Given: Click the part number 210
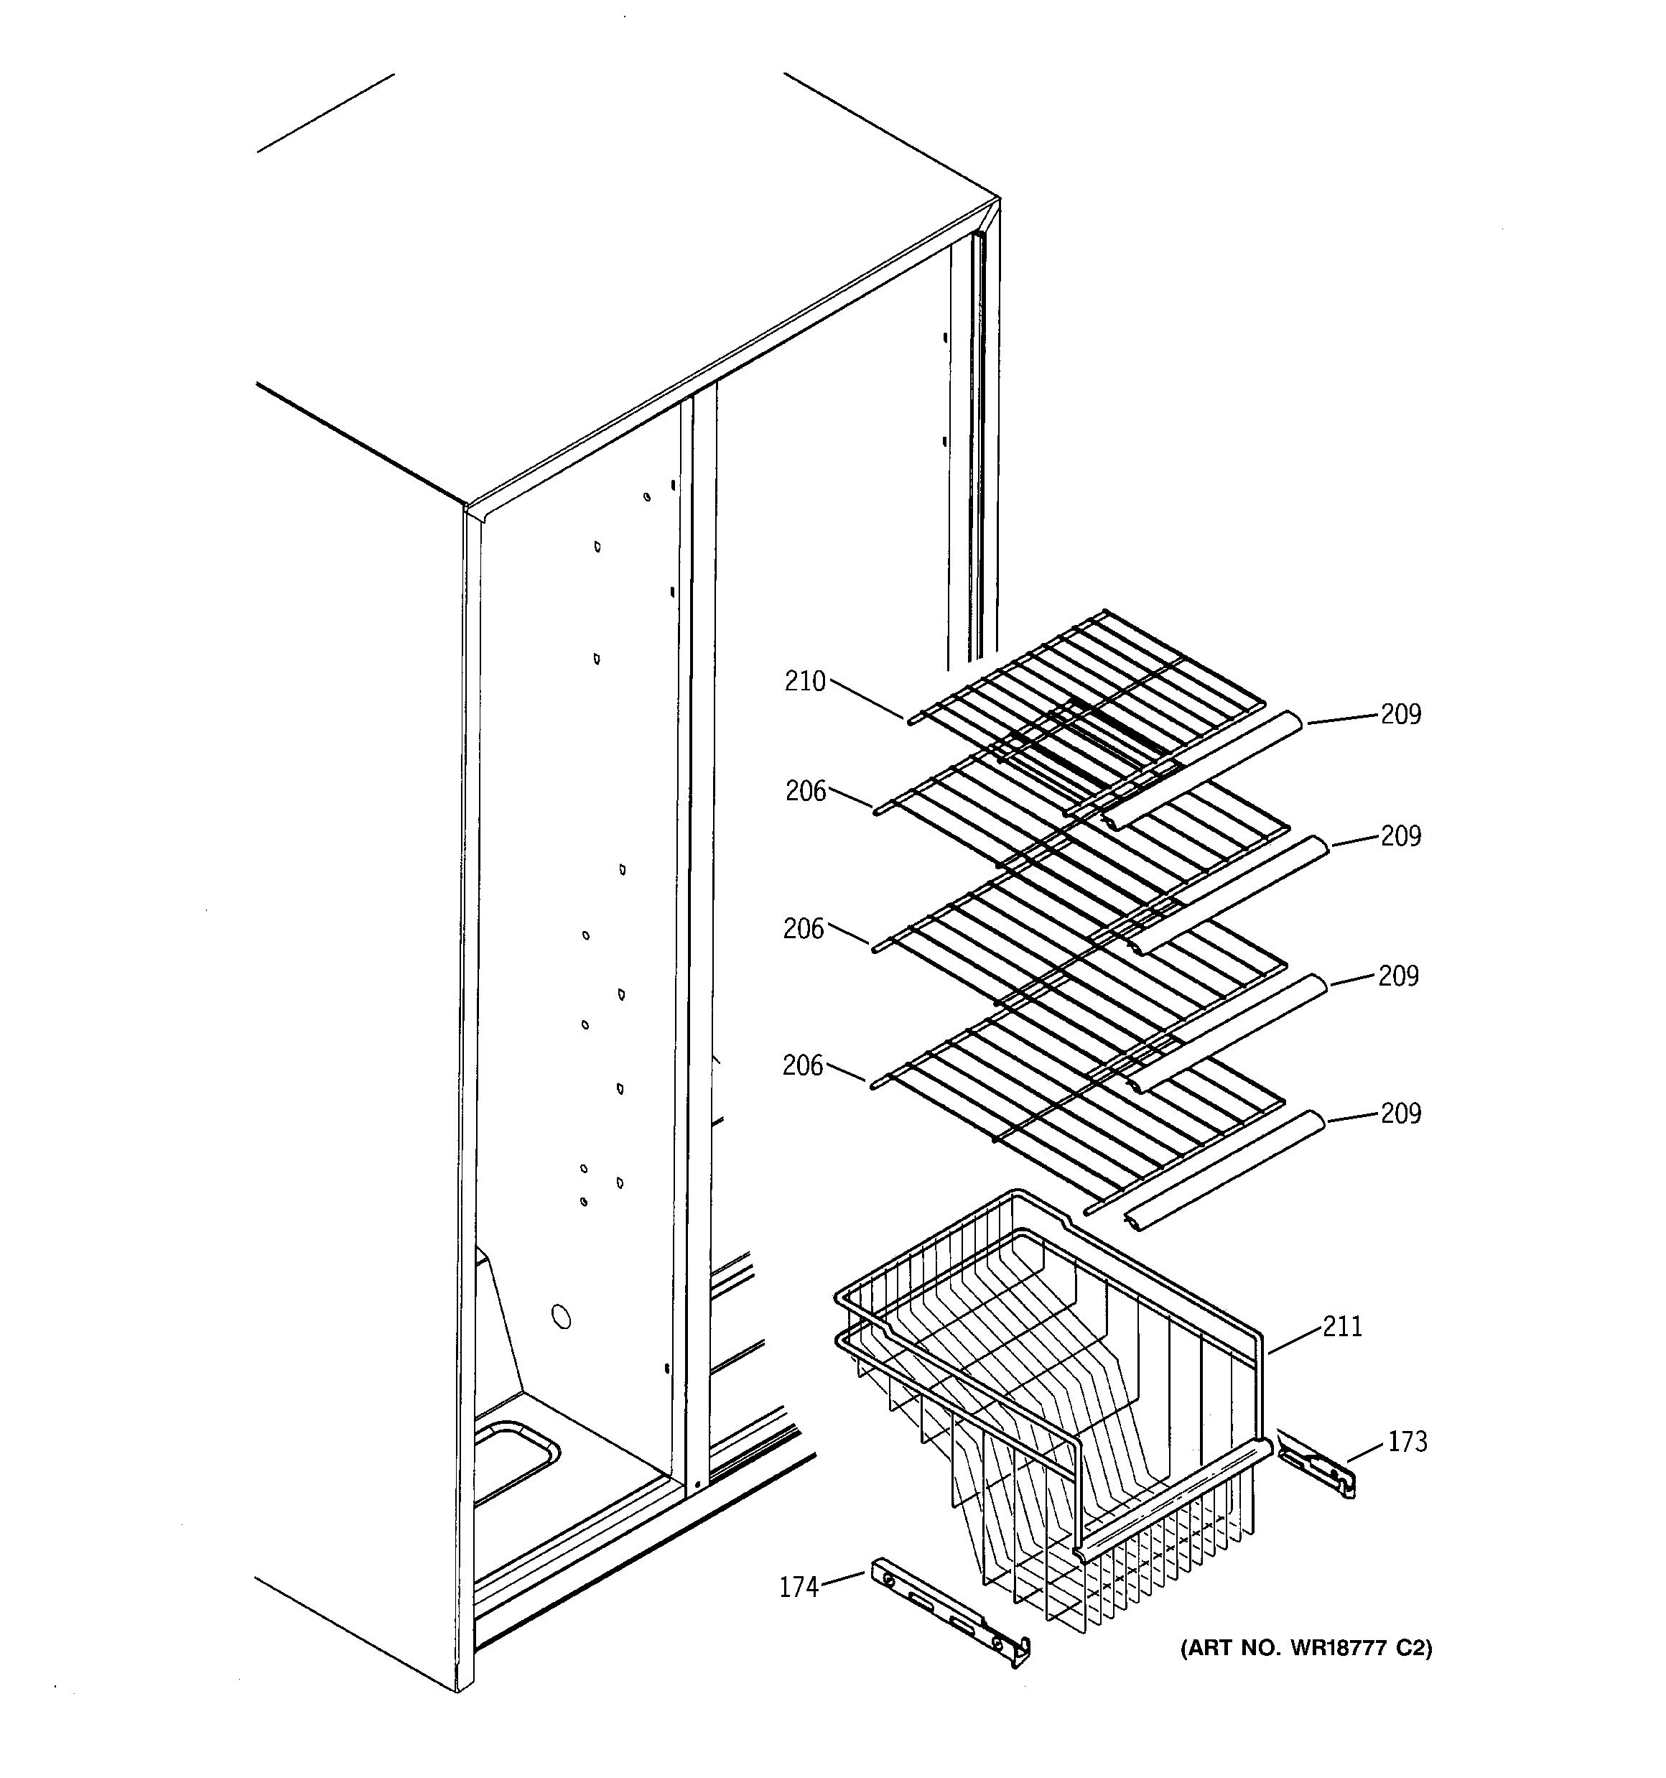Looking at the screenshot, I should click(x=805, y=682).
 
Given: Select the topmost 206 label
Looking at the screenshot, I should click(x=806, y=792).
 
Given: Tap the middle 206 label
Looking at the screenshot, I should click(x=803, y=930).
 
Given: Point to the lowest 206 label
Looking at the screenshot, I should click(x=802, y=1065).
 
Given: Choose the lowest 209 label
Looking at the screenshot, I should click(x=1400, y=1113).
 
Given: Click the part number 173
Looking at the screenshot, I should click(x=1407, y=1442).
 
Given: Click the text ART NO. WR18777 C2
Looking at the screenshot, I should click(x=1306, y=1648).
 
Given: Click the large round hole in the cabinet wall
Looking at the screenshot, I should click(x=562, y=1317).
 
